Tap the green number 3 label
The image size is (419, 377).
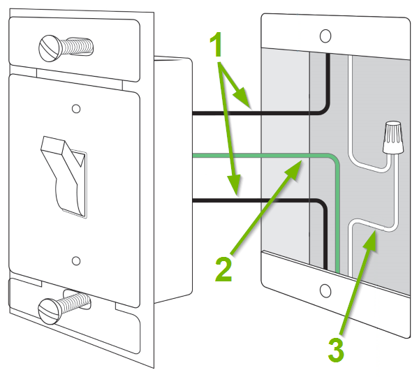coord(337,349)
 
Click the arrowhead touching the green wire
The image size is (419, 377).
coord(295,167)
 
